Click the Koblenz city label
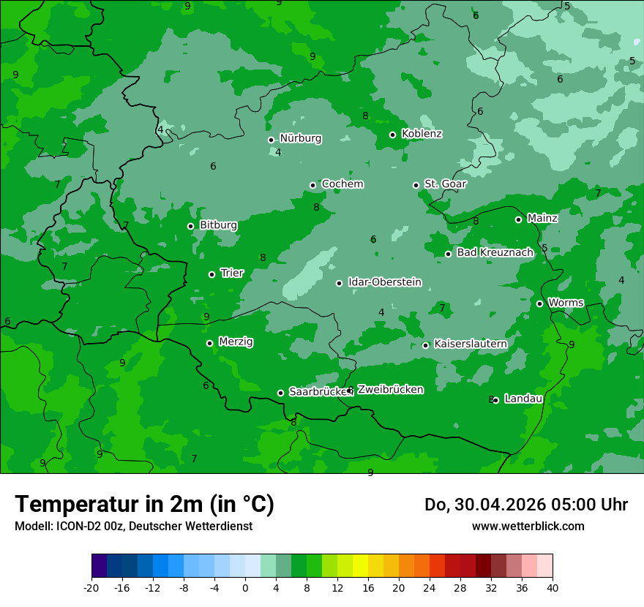tap(422, 134)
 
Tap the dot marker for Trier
tap(212, 274)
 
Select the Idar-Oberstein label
tap(384, 282)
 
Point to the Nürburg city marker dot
tap(271, 140)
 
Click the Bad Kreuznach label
tap(495, 252)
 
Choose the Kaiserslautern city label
tap(471, 344)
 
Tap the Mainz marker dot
tap(518, 219)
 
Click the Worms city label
tap(566, 303)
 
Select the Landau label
tap(523, 399)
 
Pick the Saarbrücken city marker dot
tap(280, 393)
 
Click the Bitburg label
tap(218, 225)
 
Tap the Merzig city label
tap(236, 342)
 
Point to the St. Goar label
tap(445, 184)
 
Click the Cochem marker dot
tap(312, 185)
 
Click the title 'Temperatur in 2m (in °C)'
tap(144, 504)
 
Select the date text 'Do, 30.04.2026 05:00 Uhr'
tap(525, 505)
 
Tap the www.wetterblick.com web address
tap(528, 526)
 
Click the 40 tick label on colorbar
tap(552, 588)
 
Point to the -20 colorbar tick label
tap(91, 588)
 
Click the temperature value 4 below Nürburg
tap(278, 152)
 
